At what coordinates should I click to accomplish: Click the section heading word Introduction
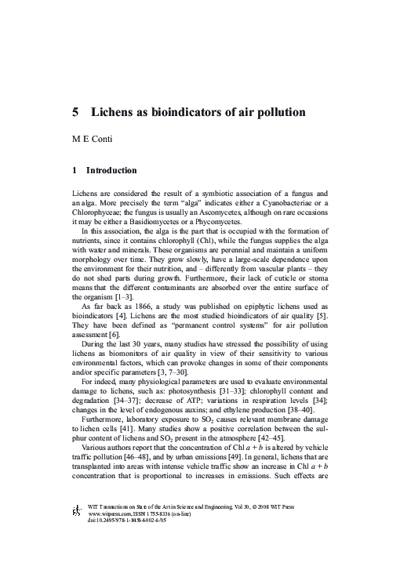tap(111, 170)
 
